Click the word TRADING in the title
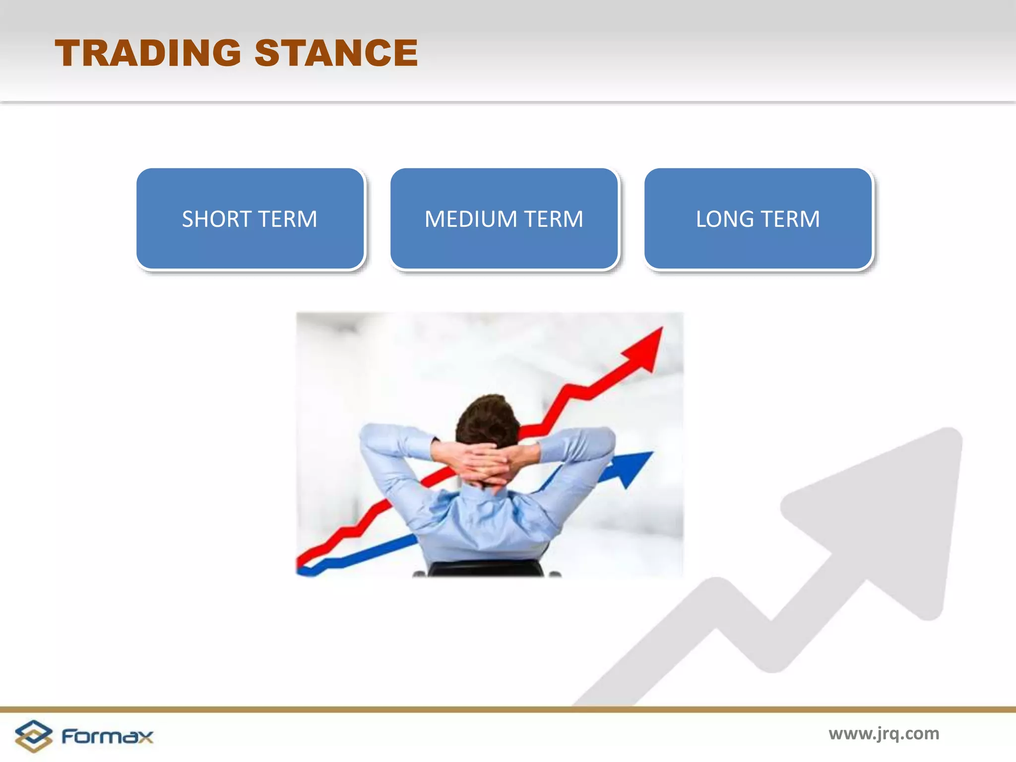[x=148, y=53]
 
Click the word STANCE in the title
[x=336, y=53]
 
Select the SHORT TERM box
[x=250, y=219]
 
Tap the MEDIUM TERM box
[x=504, y=219]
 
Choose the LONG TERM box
[x=758, y=219]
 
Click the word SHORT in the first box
[x=216, y=219]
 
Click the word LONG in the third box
[x=724, y=219]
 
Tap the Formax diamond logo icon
[x=33, y=736]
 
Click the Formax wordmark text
[x=107, y=736]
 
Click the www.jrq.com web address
[x=884, y=733]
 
